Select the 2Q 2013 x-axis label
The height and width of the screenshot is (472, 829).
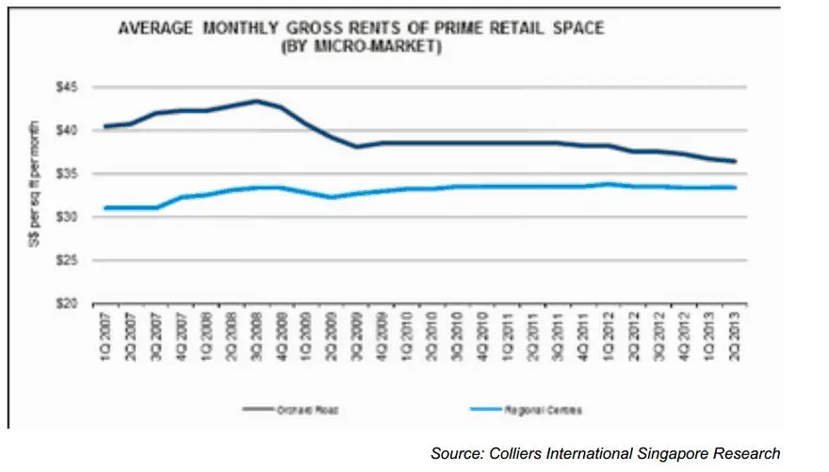pyautogui.click(x=735, y=328)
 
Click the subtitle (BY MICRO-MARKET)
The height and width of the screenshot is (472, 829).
pyautogui.click(x=361, y=45)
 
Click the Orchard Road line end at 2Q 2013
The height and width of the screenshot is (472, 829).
pyautogui.click(x=735, y=161)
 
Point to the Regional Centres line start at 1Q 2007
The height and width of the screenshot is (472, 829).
pyautogui.click(x=105, y=207)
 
